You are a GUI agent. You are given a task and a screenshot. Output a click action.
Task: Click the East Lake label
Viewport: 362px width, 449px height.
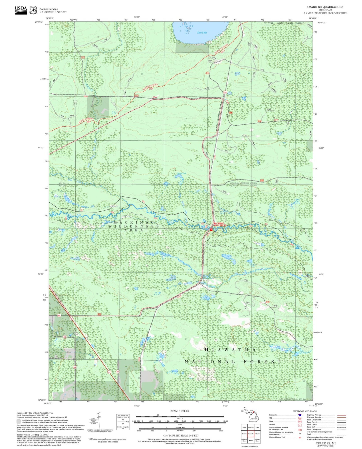click(x=202, y=33)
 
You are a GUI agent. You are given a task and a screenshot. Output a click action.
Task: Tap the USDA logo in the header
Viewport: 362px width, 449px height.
click(x=21, y=10)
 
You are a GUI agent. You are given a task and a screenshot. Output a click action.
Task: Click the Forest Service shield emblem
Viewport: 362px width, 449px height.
click(x=33, y=10)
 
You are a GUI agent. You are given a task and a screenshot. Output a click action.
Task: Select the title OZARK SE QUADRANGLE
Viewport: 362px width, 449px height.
click(x=325, y=7)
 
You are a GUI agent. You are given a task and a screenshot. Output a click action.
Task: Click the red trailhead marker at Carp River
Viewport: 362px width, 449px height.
click(x=211, y=229)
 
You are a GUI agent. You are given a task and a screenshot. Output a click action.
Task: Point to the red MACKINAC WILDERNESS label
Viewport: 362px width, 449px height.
click(x=220, y=224)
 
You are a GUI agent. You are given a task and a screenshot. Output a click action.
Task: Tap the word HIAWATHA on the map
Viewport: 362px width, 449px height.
click(x=230, y=350)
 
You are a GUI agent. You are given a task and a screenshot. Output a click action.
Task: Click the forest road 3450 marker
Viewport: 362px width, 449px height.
click(x=99, y=314)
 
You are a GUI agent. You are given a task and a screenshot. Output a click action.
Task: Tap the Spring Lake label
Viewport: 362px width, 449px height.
click(x=182, y=173)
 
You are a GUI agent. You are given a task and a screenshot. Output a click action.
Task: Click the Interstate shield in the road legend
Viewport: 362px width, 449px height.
click(x=300, y=415)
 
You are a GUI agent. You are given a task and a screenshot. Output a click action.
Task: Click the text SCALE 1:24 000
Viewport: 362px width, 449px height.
click(x=180, y=411)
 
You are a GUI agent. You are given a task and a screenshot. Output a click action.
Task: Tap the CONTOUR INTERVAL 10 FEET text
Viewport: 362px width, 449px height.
click(x=181, y=435)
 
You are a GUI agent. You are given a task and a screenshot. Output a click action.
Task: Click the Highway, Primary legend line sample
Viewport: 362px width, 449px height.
click(x=341, y=415)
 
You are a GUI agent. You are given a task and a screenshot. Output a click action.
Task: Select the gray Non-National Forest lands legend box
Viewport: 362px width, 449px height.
click(x=19, y=421)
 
